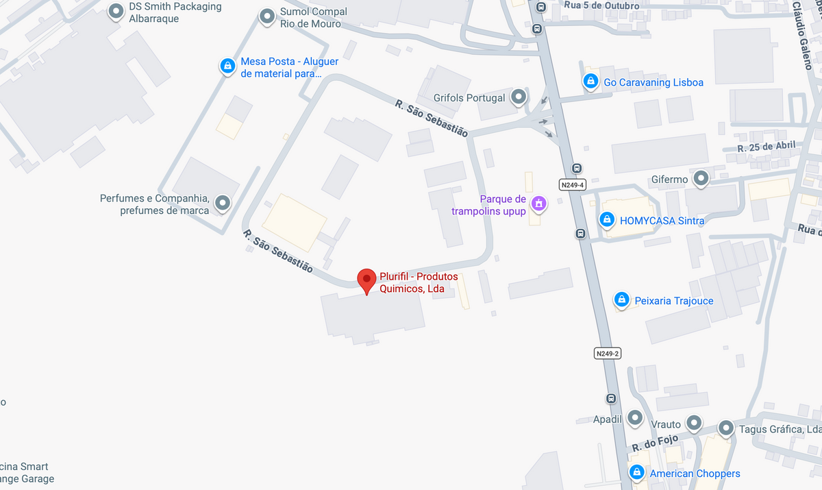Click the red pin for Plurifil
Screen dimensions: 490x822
(x=367, y=280)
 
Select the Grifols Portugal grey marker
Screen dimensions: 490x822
(x=519, y=97)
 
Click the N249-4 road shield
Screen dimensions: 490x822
(x=572, y=185)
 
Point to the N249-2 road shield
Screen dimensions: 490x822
(x=607, y=354)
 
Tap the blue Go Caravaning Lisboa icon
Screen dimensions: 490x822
(x=590, y=82)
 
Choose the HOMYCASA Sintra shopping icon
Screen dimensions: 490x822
(x=606, y=219)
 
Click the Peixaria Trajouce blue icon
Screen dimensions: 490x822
(x=621, y=299)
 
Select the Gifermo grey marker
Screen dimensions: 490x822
(x=701, y=179)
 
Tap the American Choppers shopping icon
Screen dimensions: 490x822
(x=637, y=473)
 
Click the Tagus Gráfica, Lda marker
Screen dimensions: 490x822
(x=726, y=428)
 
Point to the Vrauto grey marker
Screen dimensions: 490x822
(x=695, y=423)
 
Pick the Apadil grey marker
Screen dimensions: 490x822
(x=635, y=417)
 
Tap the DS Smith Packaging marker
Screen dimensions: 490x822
(x=116, y=11)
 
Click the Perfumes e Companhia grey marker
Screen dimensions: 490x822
(x=223, y=203)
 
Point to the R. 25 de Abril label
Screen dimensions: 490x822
(x=767, y=147)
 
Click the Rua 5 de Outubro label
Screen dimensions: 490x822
(x=601, y=6)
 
